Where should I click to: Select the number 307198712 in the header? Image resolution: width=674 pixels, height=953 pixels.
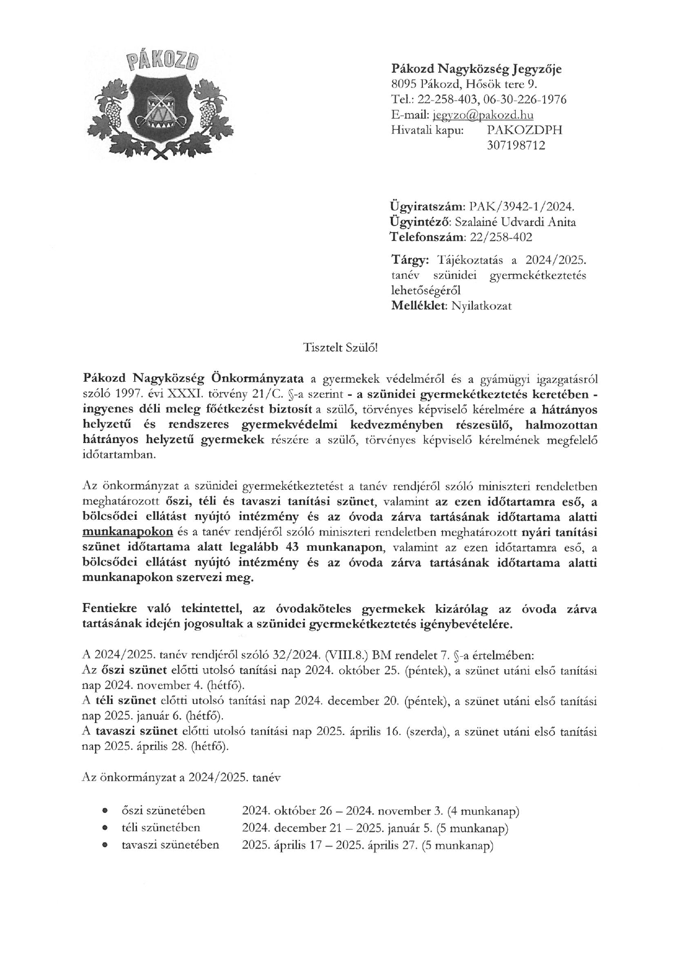[x=516, y=145]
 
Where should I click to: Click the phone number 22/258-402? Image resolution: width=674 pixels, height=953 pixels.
[x=501, y=237]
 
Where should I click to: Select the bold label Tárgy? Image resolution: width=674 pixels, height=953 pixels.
[x=410, y=259]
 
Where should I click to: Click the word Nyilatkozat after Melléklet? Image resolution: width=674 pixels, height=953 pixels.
[x=480, y=306]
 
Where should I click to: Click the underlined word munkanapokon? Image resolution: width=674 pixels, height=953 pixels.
[x=128, y=532]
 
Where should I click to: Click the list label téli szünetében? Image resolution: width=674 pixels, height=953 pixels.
[x=161, y=828]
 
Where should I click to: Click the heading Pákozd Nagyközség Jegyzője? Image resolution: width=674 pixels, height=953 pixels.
[x=477, y=69]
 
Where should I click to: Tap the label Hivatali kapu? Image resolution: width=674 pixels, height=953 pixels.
[x=427, y=130]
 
